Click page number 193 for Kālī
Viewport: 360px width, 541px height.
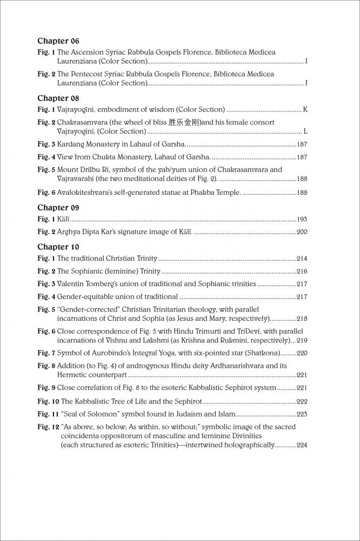[x=302, y=220]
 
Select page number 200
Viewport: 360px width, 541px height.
[x=302, y=232]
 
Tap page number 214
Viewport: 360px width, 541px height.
[x=302, y=259]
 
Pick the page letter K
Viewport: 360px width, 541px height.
[x=305, y=109]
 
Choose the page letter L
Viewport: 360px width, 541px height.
[x=305, y=131]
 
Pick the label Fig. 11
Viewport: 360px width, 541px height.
[x=48, y=414]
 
